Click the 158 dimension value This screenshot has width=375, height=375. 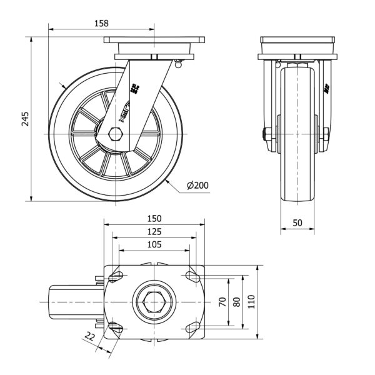101,23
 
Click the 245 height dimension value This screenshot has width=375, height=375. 25,119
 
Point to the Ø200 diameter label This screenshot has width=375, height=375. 197,185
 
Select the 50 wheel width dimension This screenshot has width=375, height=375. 297,222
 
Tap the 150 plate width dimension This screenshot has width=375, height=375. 154,218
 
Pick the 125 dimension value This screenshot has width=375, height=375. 154,232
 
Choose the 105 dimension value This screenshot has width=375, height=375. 154,245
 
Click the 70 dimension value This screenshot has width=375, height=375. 222,302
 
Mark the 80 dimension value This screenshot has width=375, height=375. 236,302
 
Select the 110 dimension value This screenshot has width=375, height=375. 251,302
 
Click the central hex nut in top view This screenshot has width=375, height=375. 154,302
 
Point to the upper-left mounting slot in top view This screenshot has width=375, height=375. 116,275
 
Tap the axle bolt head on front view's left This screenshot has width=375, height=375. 267,134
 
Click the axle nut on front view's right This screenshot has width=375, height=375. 326,134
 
